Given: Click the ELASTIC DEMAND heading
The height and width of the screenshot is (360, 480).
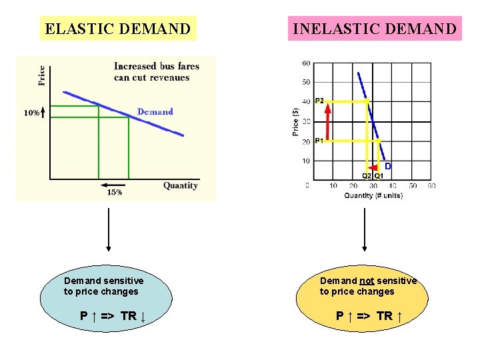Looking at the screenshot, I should (x=117, y=29).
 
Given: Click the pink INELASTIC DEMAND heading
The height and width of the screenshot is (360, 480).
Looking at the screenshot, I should (x=375, y=29).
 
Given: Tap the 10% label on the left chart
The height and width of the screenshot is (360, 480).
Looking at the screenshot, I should (x=31, y=113).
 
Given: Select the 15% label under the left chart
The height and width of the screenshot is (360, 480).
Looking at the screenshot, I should (x=114, y=192).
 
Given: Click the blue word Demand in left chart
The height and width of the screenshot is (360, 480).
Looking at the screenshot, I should (x=155, y=111).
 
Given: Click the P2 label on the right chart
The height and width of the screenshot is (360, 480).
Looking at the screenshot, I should (x=319, y=101).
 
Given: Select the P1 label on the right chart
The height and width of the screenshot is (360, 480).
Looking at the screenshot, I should (x=319, y=141).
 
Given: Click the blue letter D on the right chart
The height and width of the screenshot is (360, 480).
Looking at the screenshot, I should (x=387, y=165).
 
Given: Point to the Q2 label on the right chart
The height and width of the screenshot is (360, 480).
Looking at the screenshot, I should (x=367, y=176).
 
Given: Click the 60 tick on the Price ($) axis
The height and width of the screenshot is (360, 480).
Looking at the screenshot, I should (x=306, y=63).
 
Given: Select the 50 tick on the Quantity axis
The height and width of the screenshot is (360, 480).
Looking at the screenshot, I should (x=413, y=185).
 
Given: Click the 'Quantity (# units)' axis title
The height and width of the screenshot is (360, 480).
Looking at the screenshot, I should (x=373, y=195).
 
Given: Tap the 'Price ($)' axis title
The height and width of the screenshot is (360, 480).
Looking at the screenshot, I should (x=296, y=123).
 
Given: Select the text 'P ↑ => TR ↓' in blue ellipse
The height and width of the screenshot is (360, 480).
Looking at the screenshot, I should (x=113, y=315).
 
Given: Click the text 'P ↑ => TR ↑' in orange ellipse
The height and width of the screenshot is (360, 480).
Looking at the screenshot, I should (x=369, y=315).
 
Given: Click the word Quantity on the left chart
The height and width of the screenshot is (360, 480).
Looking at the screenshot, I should (x=181, y=185).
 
